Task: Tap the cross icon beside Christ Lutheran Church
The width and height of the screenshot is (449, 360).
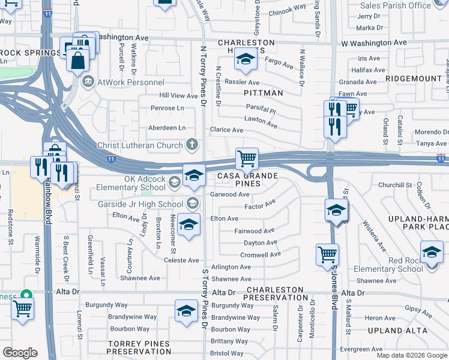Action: [x=192, y=145]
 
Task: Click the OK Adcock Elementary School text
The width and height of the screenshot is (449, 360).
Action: [x=132, y=182]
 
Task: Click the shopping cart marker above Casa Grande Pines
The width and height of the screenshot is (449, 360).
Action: [x=247, y=160]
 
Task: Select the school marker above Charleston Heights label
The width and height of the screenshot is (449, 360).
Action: [x=244, y=59]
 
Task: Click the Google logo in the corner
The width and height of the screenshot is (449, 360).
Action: [x=19, y=352]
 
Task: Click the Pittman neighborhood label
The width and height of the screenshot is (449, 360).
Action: [x=263, y=93]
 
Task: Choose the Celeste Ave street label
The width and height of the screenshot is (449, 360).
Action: [x=181, y=260]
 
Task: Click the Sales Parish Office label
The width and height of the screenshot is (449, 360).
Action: [x=394, y=5]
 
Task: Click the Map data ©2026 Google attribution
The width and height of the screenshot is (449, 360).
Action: [x=412, y=355]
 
